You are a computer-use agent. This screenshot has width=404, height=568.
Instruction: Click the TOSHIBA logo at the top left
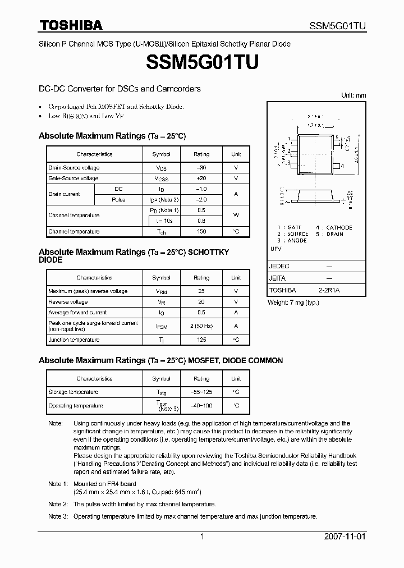click(71, 25)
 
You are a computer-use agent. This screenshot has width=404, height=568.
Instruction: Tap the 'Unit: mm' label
click(353, 95)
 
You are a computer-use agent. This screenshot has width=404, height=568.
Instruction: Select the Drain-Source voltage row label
click(74, 168)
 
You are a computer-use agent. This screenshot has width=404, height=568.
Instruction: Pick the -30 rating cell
click(201, 168)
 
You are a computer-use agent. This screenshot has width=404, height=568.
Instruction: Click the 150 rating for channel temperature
click(201, 231)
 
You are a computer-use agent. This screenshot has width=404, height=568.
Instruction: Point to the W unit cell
click(236, 216)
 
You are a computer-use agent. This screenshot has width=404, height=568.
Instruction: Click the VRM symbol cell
click(161, 291)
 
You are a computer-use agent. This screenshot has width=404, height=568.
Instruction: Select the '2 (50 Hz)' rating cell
click(201, 326)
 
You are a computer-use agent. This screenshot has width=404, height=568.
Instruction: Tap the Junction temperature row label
click(74, 340)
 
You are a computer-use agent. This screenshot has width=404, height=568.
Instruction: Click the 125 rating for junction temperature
click(201, 340)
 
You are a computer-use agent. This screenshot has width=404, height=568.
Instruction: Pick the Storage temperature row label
click(74, 392)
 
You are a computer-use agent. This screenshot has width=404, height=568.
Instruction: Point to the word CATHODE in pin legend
click(339, 227)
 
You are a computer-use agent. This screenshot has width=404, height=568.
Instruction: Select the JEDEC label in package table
click(279, 266)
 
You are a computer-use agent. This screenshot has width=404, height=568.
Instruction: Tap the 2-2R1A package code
click(330, 290)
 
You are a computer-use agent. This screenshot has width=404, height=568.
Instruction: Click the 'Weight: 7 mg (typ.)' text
click(293, 303)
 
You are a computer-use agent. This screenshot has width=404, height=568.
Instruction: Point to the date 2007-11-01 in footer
click(345, 537)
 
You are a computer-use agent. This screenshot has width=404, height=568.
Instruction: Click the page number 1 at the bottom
click(202, 537)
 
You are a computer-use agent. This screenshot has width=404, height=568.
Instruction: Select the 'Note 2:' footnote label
click(58, 504)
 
